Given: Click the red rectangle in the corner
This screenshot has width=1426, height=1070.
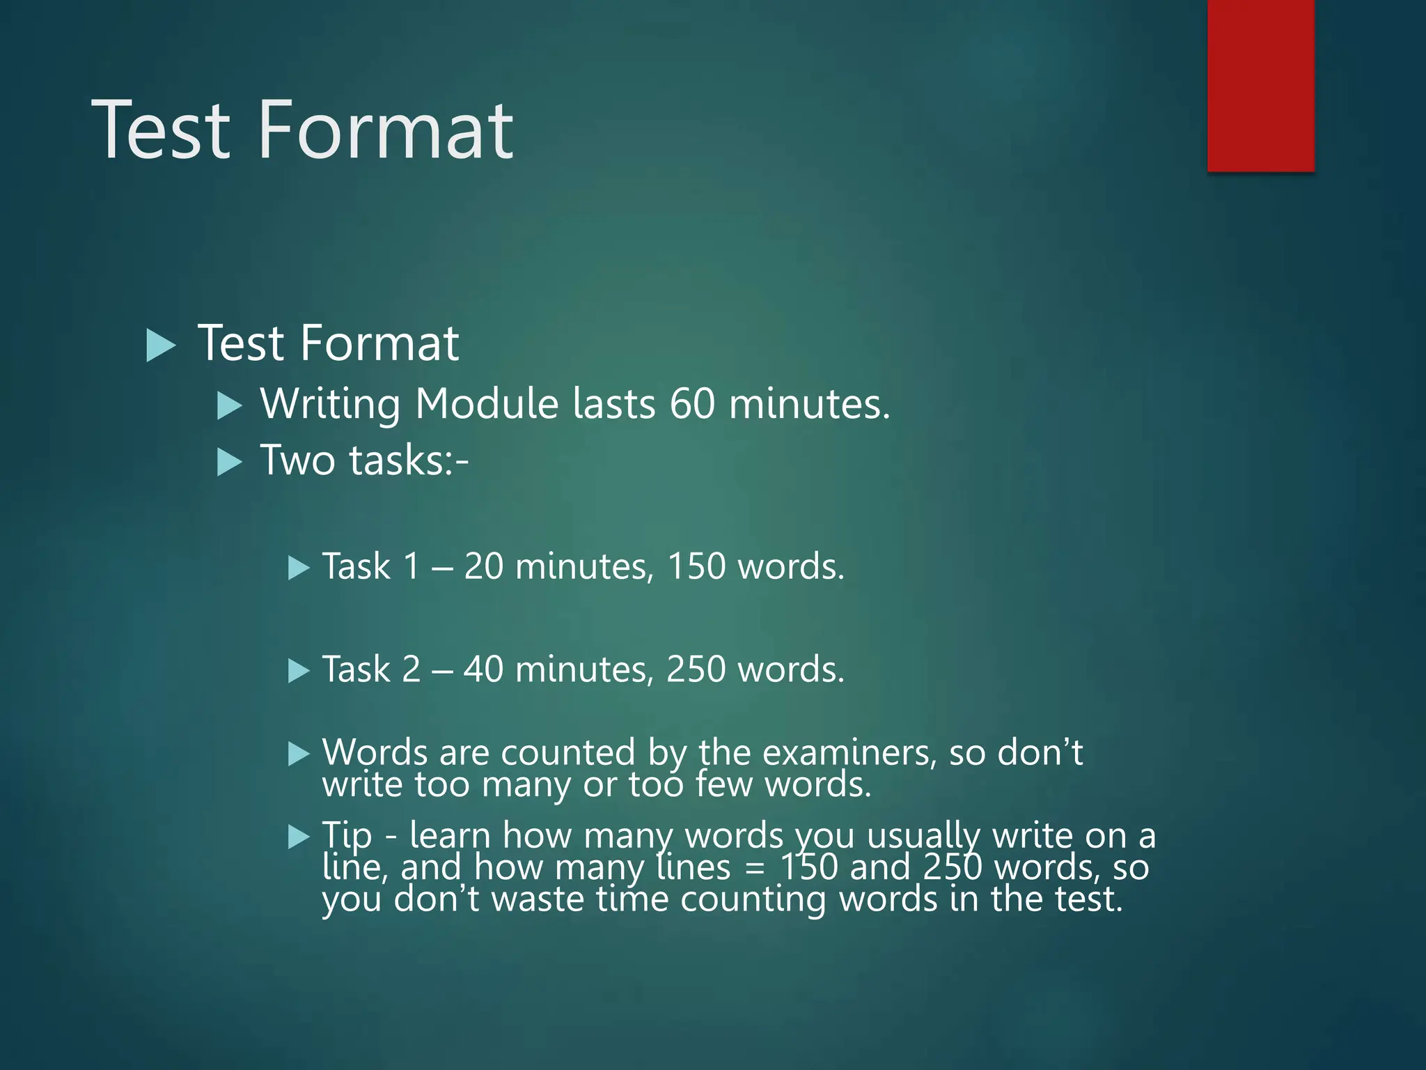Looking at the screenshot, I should point(1260,85).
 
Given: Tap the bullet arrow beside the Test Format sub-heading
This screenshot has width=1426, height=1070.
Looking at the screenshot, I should point(161,346).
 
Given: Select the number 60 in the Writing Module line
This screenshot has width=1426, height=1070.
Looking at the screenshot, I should point(692,403).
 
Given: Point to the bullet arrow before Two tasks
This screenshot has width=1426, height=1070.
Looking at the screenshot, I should point(229,462).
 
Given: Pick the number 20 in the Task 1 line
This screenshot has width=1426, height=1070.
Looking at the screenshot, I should point(483,566).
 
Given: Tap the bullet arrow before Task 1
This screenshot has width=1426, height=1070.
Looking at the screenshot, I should point(298,568).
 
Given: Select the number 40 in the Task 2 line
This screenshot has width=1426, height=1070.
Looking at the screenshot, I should point(483,669).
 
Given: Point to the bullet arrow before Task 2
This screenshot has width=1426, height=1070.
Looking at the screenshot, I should point(298,671).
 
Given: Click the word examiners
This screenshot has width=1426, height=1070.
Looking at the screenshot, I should point(849,752).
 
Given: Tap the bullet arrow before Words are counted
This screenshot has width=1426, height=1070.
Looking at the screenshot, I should point(298,754).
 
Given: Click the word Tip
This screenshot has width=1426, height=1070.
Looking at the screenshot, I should point(347,835).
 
